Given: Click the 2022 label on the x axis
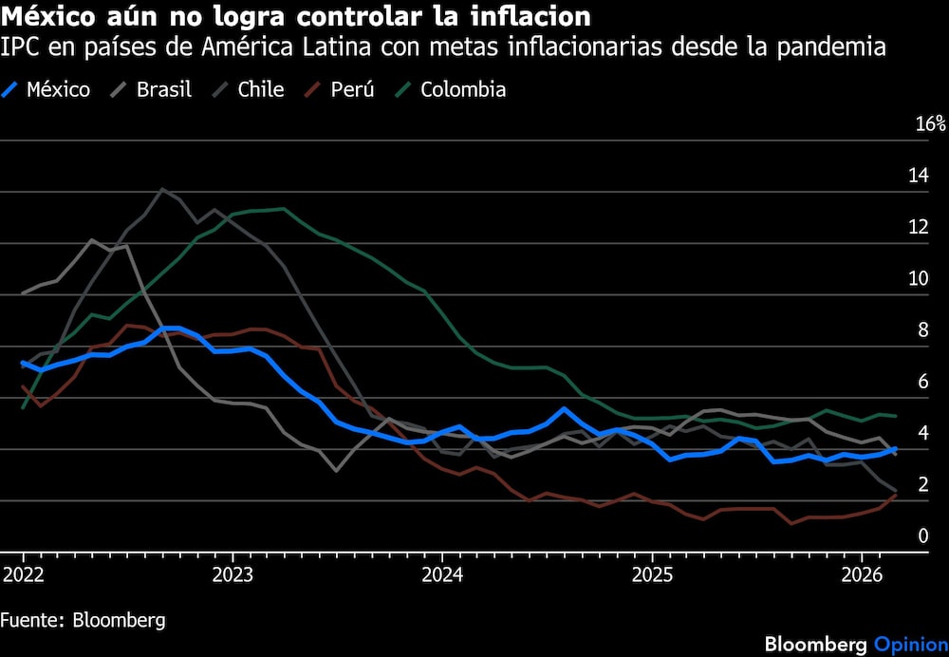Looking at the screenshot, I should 22,574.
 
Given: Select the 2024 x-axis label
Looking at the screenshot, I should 441,574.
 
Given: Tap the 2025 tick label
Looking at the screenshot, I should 651,574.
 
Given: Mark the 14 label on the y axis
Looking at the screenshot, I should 919,176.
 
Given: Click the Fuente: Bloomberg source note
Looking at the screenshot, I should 83,620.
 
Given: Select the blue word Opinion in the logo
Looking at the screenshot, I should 910,645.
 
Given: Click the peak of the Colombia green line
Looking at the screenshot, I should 283,209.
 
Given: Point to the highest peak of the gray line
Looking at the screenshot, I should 162,189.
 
